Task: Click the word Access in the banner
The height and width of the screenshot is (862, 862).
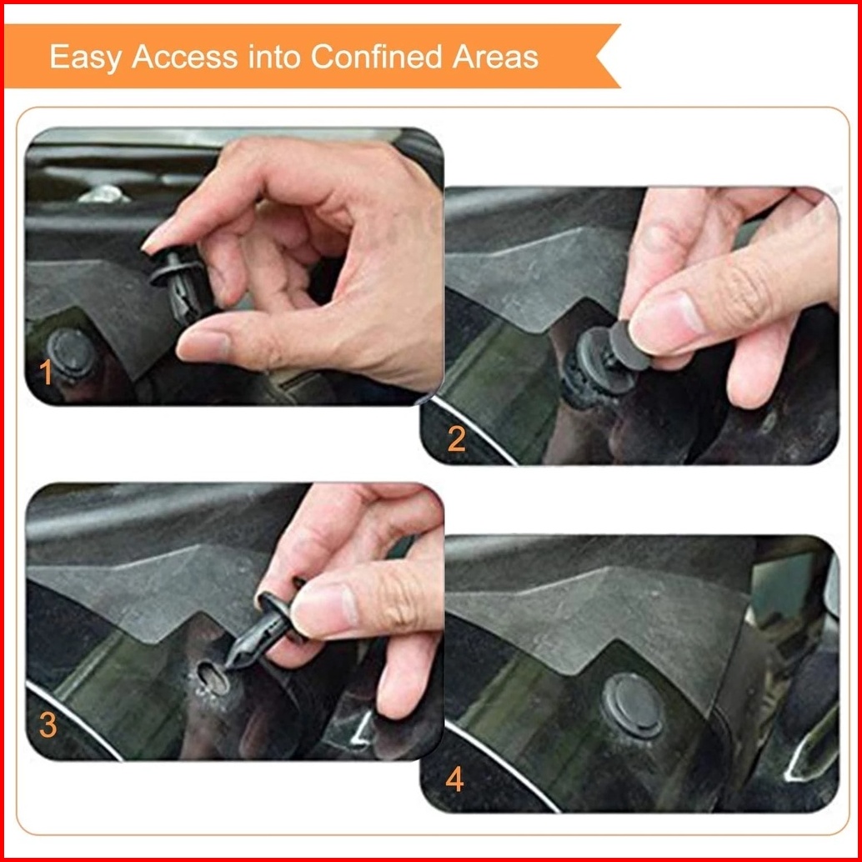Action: point(185,57)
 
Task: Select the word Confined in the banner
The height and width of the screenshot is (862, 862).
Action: point(377,57)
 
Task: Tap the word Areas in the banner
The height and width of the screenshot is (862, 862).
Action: point(495,57)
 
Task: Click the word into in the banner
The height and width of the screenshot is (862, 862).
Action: point(274,57)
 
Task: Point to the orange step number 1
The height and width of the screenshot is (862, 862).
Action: point(46,372)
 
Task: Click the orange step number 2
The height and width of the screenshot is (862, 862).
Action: point(456,439)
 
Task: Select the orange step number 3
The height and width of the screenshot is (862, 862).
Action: point(48,724)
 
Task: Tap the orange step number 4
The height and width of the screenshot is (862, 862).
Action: point(454,779)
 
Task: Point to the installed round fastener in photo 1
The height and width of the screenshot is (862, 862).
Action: point(72,353)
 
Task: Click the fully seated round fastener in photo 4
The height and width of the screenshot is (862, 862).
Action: point(632,704)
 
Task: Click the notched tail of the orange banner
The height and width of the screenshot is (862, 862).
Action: point(608,56)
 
